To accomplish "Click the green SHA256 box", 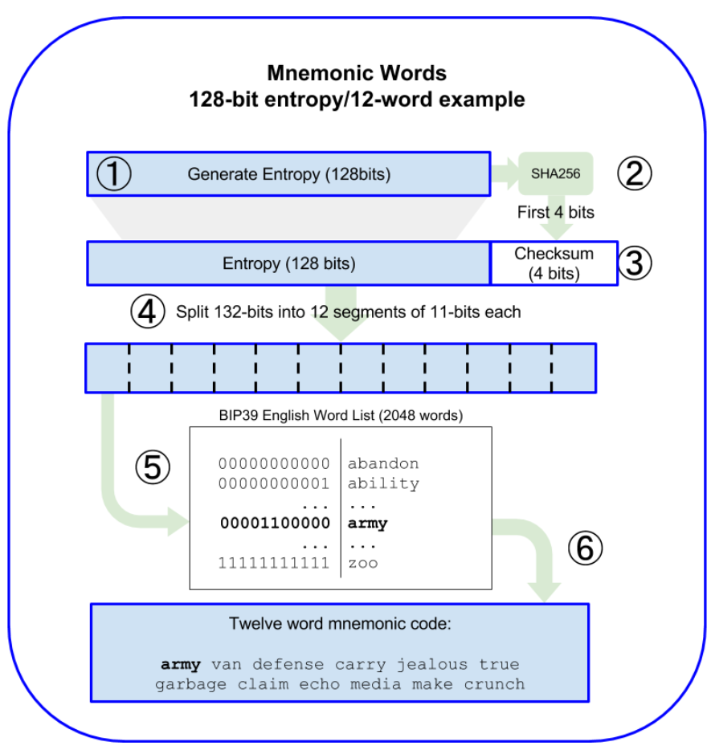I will (x=555, y=173).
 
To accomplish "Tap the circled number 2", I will (x=635, y=173).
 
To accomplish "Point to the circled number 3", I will (x=635, y=263).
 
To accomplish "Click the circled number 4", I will (x=148, y=312).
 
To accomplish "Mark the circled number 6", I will (x=584, y=548).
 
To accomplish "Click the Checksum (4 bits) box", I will (x=554, y=263).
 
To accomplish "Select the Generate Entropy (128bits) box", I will (x=288, y=173).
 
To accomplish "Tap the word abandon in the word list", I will (x=383, y=463).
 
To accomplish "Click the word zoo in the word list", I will (x=362, y=563).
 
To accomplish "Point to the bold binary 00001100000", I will (x=275, y=524).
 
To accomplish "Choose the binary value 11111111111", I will (x=275, y=563).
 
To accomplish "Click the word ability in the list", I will (x=383, y=483).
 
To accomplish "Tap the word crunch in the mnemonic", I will (x=494, y=684).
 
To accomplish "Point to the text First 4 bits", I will (x=555, y=214).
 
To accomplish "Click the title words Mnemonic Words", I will (x=356, y=74).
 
